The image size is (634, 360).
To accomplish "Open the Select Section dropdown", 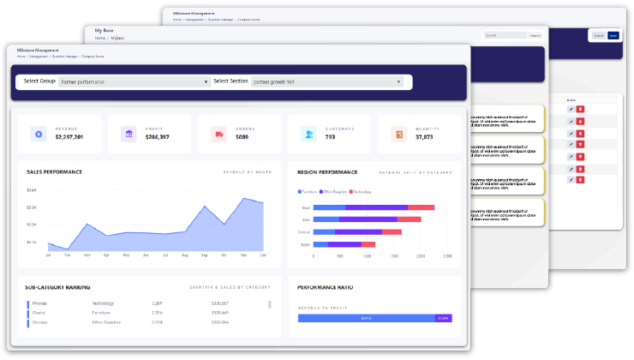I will [326, 81].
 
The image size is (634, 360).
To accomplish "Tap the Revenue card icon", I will [37, 134].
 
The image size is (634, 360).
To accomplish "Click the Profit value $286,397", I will [157, 137].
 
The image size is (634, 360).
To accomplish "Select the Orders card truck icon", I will [218, 134].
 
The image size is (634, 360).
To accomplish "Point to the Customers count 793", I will [331, 137].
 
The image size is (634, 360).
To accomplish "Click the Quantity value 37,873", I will [425, 137].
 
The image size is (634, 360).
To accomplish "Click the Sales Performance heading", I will [54, 171].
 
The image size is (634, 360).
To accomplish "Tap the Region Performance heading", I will [327, 171].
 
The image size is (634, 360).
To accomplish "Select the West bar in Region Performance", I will [374, 207].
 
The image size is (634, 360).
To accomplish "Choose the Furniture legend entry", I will [308, 192].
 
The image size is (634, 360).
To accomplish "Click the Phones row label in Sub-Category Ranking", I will [40, 303].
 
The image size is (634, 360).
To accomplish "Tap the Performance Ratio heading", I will [325, 287].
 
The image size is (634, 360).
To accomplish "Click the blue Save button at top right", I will [613, 35].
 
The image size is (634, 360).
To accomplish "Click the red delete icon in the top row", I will [580, 110].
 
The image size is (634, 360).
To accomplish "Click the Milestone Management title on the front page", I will [35, 51].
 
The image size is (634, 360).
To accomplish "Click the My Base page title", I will [104, 31].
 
